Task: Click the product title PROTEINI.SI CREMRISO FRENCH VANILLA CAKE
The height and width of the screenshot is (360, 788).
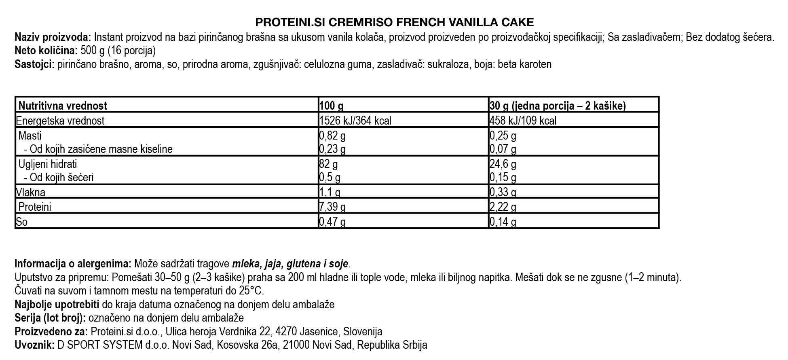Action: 394,22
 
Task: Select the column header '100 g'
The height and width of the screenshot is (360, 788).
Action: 332,106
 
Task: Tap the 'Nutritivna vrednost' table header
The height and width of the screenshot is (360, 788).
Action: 63,106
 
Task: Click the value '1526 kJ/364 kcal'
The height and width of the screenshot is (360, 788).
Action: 355,121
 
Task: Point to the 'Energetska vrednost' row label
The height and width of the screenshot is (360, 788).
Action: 60,121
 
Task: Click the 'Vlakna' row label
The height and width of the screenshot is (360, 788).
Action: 30,192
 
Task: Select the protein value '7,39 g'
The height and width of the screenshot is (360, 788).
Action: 332,207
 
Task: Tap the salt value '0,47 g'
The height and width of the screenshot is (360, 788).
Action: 332,222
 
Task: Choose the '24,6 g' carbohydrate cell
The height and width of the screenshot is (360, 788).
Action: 503,164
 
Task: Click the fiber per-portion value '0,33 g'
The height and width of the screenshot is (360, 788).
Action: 503,192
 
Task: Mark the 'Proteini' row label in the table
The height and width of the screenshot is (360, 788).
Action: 35,207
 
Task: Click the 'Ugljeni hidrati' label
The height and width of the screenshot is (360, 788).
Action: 48,164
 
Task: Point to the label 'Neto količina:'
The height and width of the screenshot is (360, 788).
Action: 46,51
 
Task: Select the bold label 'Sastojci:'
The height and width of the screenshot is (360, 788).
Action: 35,64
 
